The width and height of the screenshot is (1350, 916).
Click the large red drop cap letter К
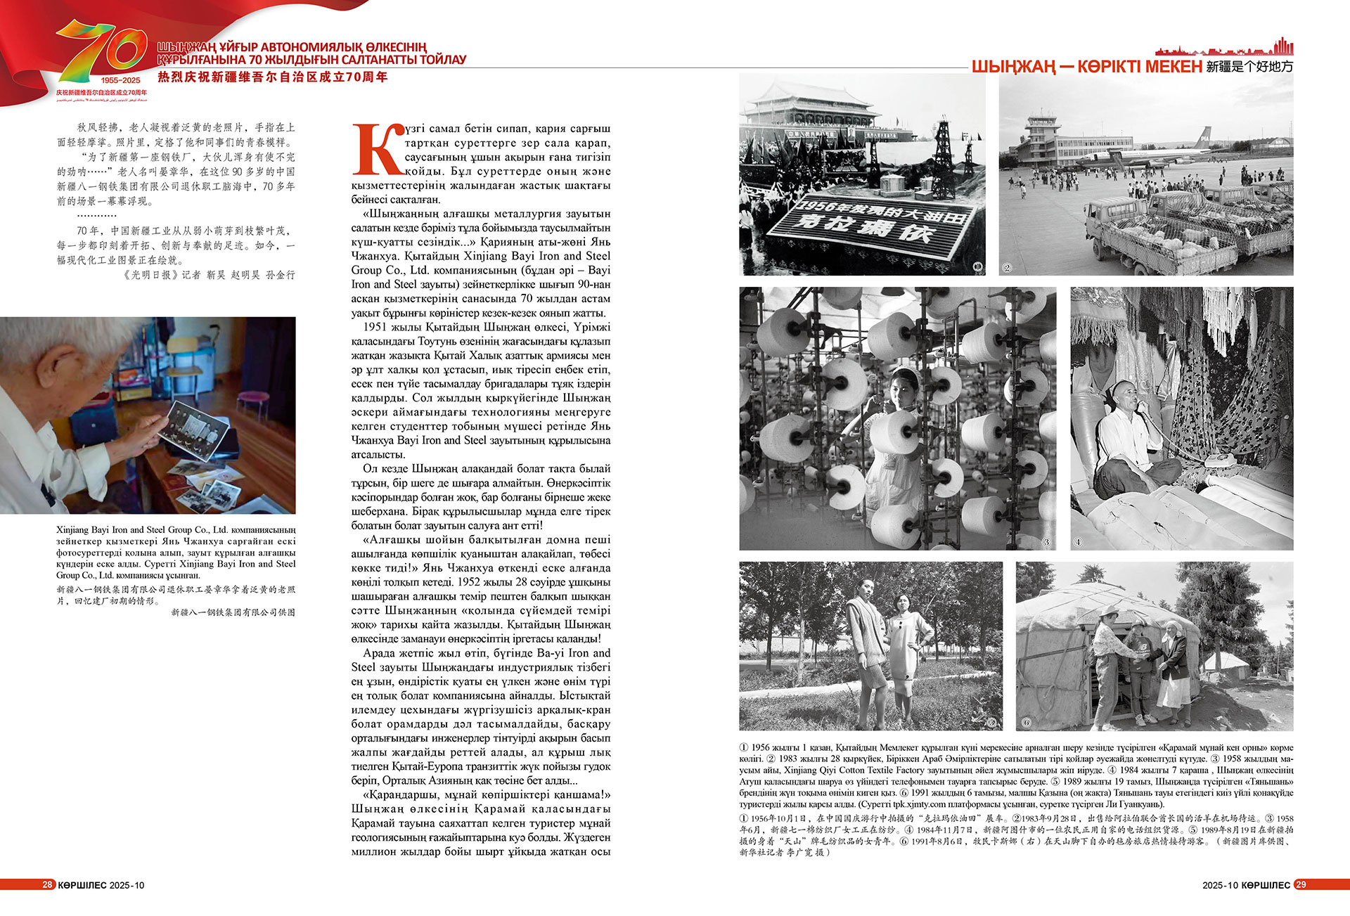coord(378,150)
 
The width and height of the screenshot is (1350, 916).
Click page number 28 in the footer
coord(47,884)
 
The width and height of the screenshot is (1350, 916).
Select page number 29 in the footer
coord(1300,884)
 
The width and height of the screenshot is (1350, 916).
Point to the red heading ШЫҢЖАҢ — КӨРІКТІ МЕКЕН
coord(1086,67)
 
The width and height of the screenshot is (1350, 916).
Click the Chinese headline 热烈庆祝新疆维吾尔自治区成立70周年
coord(273,77)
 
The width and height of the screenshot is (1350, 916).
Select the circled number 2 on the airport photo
coord(1007,267)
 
